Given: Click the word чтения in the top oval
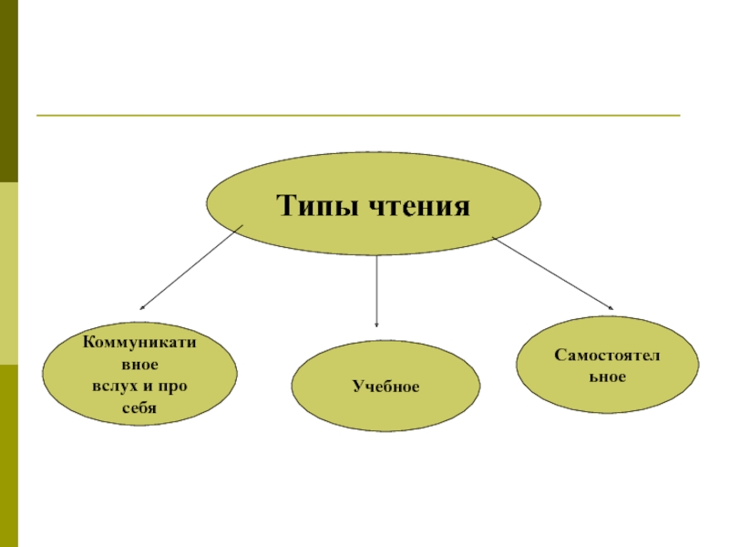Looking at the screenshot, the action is (x=417, y=206).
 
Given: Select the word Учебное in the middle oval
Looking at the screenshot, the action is (x=386, y=387).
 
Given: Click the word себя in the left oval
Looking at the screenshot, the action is (x=139, y=408).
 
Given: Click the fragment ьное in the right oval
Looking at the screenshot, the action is (x=608, y=376).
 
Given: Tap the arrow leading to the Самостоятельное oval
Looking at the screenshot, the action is (x=551, y=273).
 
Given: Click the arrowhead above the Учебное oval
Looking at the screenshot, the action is (x=377, y=324).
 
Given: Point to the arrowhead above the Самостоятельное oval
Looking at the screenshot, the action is (x=611, y=307).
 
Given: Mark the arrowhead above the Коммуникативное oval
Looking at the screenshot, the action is (x=143, y=308).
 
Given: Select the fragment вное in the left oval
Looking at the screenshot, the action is (x=139, y=365).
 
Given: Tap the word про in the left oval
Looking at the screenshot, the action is (x=171, y=386).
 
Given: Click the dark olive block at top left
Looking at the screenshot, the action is (x=9, y=91).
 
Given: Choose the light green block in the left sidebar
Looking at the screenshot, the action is (x=9, y=273).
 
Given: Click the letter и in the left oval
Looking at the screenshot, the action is (x=146, y=386).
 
